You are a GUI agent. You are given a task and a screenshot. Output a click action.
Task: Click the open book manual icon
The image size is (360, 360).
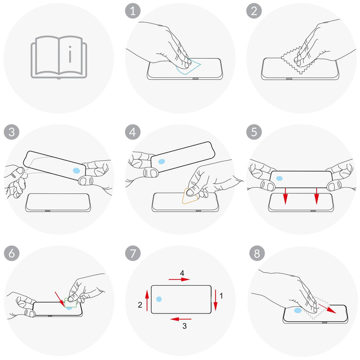[59, 58]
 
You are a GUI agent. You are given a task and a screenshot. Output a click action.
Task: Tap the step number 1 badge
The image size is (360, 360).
[132, 11]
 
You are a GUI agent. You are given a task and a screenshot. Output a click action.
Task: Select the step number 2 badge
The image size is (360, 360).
[254, 11]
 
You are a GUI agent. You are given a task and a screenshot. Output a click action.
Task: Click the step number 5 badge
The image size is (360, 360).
[254, 132]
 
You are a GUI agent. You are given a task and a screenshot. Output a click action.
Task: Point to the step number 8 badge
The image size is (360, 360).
[257, 253]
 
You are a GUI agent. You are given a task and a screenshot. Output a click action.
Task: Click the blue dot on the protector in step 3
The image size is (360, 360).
[76, 170]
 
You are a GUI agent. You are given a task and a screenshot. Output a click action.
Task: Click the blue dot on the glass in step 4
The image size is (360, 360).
[162, 161]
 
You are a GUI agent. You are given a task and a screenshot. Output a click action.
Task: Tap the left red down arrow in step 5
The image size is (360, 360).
[285, 196]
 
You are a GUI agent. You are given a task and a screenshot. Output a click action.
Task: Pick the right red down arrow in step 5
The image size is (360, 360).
[317, 196]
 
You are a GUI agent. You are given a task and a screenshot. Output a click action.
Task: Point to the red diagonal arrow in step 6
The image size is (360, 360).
[60, 299]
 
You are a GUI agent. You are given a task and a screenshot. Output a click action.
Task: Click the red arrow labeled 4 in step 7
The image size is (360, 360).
[179, 279]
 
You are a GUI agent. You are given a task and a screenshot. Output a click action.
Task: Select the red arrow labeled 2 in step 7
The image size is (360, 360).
[147, 300]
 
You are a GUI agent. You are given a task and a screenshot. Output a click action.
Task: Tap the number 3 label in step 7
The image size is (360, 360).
[184, 326]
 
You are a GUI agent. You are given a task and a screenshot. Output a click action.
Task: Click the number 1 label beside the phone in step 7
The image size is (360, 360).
[221, 296]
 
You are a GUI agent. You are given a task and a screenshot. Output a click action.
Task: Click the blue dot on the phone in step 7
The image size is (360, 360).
[159, 299]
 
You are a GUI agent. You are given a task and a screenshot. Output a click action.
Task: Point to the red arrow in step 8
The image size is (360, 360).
[327, 308]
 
